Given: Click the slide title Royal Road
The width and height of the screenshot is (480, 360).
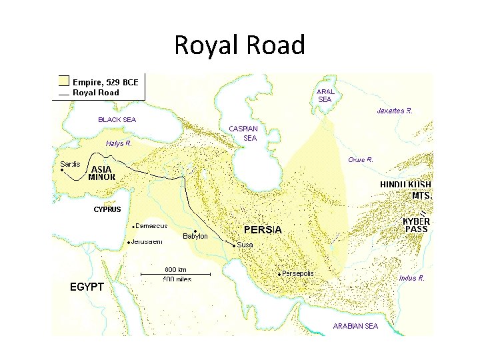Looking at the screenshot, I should [239, 45].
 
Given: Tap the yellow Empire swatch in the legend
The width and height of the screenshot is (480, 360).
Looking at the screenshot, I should [63, 82].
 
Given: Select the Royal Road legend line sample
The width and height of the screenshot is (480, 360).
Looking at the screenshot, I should [63, 93].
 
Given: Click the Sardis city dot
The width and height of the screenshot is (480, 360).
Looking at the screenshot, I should [61, 171].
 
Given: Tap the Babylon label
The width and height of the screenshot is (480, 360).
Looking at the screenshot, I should [195, 237].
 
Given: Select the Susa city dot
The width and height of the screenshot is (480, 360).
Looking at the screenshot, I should [234, 245].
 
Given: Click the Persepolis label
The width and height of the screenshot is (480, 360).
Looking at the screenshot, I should [298, 273].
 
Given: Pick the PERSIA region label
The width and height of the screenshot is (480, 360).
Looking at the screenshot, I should [263, 230].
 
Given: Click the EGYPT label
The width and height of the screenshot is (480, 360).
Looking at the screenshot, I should [87, 287].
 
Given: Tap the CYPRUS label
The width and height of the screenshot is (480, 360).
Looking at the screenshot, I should [107, 209].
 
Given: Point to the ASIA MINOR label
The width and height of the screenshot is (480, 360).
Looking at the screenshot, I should [101, 173].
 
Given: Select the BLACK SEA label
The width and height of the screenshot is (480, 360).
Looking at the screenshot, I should [117, 120].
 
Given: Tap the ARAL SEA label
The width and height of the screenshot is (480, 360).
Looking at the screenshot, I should [325, 95].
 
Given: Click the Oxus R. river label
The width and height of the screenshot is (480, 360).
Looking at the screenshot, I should [361, 160].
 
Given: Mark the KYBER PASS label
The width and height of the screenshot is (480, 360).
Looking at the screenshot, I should [417, 225].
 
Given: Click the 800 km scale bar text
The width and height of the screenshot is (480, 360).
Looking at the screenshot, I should [176, 269].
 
